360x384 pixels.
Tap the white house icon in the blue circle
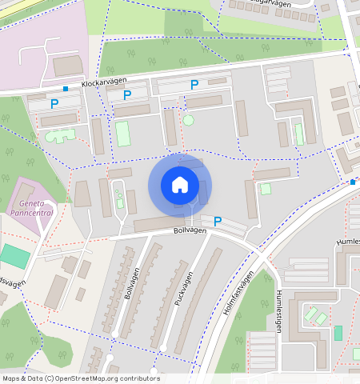point(180,185)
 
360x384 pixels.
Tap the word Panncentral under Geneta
point(31,214)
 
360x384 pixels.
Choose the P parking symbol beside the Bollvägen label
point(217,221)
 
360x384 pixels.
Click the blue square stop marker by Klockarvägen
point(65,88)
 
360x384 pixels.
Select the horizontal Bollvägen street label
point(190,230)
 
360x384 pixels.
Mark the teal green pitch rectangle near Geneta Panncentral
point(14,256)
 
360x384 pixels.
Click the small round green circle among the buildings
point(188,120)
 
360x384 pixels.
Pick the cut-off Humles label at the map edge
point(347,241)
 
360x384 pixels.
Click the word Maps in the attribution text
point(12,378)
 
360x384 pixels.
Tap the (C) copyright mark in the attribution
point(49,378)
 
